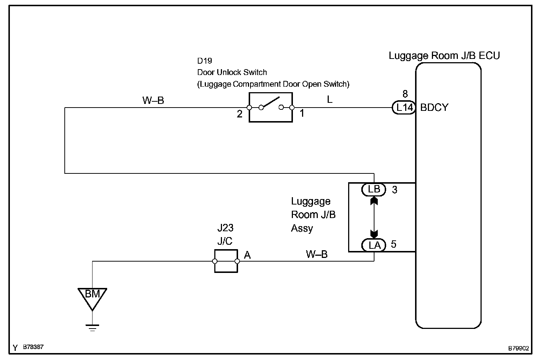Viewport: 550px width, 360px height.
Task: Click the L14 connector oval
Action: click(x=404, y=108)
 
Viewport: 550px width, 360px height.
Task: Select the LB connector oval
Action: click(x=374, y=190)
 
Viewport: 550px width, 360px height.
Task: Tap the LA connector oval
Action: click(x=374, y=245)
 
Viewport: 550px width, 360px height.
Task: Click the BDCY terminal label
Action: click(x=434, y=108)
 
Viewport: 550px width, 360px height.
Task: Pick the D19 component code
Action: click(x=204, y=61)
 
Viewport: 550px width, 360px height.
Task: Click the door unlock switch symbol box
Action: click(x=271, y=107)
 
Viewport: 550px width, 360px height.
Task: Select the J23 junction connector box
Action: click(x=226, y=261)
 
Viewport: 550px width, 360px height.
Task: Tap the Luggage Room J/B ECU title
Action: click(x=444, y=56)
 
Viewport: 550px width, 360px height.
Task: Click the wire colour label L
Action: click(x=329, y=100)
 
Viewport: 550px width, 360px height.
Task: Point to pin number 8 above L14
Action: click(x=405, y=94)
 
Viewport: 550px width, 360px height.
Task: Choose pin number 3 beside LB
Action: click(x=395, y=190)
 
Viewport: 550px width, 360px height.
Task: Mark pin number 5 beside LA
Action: click(x=393, y=244)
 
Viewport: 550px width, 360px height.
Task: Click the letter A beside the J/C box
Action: click(x=247, y=255)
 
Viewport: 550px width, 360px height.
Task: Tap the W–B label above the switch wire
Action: click(x=153, y=100)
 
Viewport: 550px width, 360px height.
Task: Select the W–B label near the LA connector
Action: click(x=317, y=254)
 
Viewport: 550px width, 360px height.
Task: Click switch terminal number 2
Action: click(x=240, y=114)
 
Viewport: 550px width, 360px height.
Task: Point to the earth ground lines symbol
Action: click(x=92, y=328)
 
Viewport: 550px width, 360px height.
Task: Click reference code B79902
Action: click(x=518, y=348)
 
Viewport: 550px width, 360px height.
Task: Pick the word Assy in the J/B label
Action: click(x=302, y=229)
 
